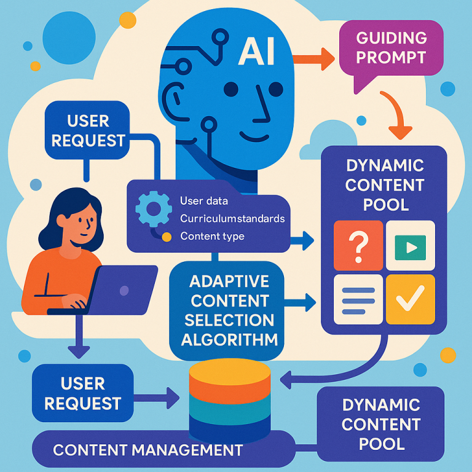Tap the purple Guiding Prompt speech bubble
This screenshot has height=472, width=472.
pyautogui.click(x=391, y=49)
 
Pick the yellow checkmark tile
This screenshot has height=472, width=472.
pyautogui.click(x=409, y=298)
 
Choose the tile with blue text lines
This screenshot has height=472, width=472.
pyautogui.click(x=356, y=299)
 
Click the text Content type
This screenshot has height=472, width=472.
pyautogui.click(x=212, y=237)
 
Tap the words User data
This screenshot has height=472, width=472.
pyautogui.click(x=204, y=201)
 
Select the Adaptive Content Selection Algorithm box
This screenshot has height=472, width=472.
pyautogui.click(x=229, y=310)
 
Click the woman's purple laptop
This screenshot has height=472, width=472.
pyautogui.click(x=123, y=289)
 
